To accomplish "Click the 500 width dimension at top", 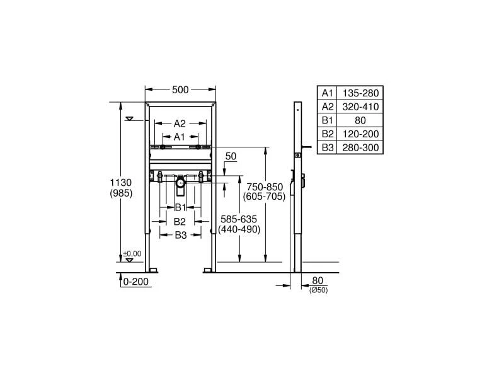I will [x=181, y=90].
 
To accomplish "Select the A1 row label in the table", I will [x=327, y=93].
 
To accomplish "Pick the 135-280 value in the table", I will [x=360, y=93].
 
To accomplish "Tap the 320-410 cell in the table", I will [x=360, y=106].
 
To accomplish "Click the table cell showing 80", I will [x=360, y=120].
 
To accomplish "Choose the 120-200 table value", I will [x=360, y=134].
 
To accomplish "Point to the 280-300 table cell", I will [x=360, y=147].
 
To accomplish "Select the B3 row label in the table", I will [x=327, y=147].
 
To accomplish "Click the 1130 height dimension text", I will [x=120, y=182].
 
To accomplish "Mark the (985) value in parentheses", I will [x=120, y=193].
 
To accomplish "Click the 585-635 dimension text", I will [x=239, y=219].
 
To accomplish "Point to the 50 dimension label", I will [x=230, y=155].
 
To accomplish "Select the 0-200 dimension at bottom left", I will [x=136, y=282].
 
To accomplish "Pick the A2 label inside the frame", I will [x=180, y=123].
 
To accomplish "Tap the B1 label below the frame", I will [x=180, y=207].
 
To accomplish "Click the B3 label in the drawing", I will [x=180, y=235].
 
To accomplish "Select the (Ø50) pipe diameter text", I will [x=318, y=290].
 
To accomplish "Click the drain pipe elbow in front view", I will [x=181, y=184].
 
